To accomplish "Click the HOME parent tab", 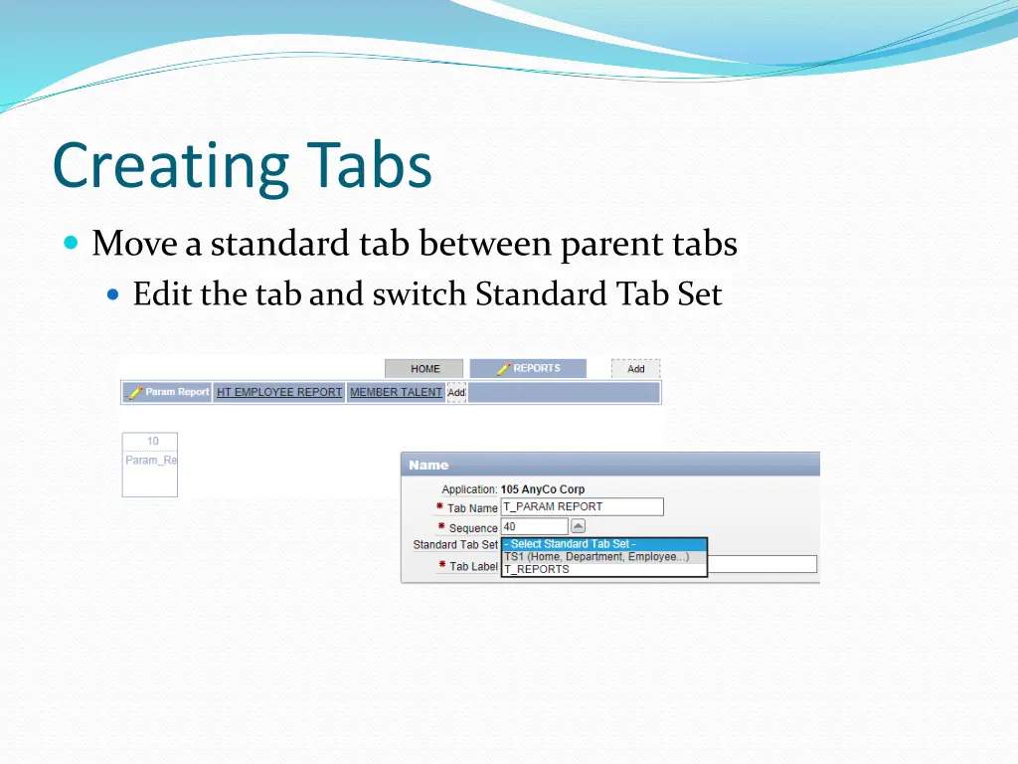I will [424, 369].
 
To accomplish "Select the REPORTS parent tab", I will [528, 368].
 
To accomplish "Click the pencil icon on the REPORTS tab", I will [503, 368].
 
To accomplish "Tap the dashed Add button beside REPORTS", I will [635, 369].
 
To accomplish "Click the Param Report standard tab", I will [167, 392].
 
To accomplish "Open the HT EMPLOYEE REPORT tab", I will [279, 392].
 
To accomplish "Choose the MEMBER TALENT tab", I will [396, 392].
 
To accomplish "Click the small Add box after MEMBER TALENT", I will [456, 392].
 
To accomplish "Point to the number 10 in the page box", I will [152, 442].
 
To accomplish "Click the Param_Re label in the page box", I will [150, 461].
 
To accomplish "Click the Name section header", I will [428, 465].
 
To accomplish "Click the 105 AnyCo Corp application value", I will [543, 489].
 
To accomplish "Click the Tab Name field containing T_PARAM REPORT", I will [582, 506].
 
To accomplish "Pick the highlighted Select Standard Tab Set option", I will [603, 544].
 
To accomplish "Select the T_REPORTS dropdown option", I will [537, 570].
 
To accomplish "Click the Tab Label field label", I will [472, 566].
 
